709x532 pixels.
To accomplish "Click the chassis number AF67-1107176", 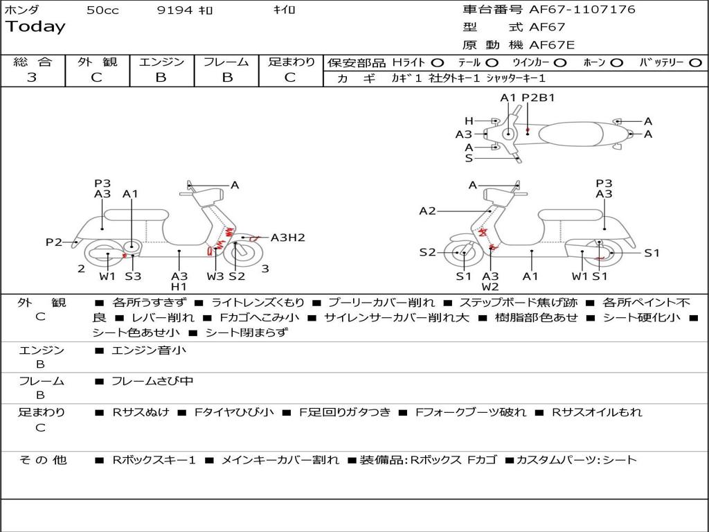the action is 573,10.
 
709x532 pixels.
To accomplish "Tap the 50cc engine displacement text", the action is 102,10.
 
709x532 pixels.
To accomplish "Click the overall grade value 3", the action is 32,78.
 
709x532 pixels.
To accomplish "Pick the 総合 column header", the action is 33,62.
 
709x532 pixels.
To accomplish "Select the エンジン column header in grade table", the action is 161,62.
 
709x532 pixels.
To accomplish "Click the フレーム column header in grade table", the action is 226,62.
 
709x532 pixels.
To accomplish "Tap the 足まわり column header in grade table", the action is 291,62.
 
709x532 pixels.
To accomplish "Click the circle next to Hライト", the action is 438,63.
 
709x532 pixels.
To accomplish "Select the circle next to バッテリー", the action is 695,63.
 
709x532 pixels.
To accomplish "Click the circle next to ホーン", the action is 616,63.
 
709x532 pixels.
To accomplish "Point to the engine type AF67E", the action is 552,46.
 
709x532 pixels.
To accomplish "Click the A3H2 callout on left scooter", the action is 287,238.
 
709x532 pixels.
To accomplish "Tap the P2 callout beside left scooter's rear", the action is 54,242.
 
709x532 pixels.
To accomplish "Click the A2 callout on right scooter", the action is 427,211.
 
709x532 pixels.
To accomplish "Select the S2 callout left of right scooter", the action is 427,252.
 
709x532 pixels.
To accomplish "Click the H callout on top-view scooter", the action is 469,121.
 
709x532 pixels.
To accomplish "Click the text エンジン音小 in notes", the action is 149,351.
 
